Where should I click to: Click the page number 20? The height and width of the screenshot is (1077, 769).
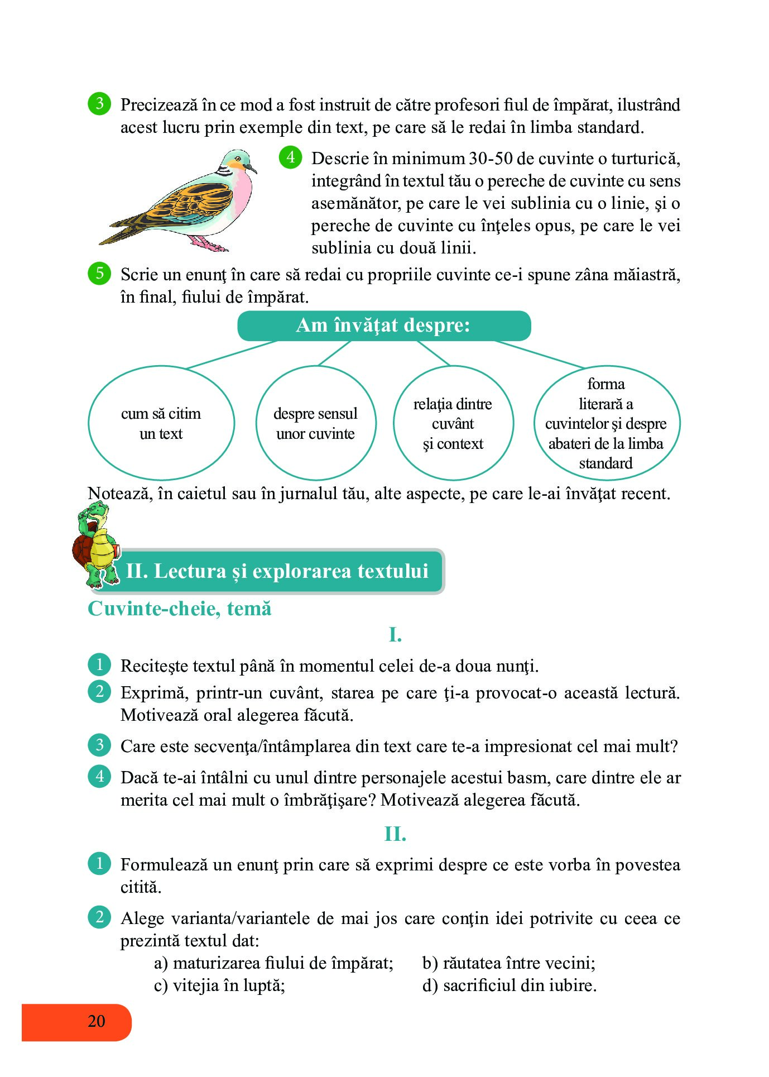coord(96,1021)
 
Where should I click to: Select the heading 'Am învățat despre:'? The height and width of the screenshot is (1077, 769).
coord(383,326)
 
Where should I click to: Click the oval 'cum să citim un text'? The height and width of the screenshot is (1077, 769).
coord(161,423)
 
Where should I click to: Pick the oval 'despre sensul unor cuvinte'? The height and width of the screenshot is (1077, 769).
coord(315,423)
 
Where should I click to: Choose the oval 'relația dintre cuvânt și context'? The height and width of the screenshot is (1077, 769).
coord(453,423)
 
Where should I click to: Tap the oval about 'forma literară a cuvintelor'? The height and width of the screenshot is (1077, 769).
coord(606,423)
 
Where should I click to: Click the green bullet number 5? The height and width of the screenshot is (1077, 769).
coord(99,274)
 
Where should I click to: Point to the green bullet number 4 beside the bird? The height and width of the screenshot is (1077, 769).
coord(290,157)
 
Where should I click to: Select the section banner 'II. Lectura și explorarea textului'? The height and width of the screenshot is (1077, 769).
coord(277,571)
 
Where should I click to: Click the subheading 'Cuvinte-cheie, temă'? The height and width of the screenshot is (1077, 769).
coord(180,609)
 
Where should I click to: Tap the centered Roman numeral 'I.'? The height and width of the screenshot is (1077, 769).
coord(395,635)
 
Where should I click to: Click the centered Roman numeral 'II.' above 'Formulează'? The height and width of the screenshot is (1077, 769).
coord(395,834)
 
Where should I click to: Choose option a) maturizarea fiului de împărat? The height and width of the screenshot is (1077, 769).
coord(273,963)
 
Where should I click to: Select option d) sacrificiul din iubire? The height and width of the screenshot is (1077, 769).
coord(509,985)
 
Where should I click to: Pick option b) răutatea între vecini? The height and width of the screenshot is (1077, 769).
coord(508,963)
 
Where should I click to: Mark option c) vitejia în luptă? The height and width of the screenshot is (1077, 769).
coord(219,985)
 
